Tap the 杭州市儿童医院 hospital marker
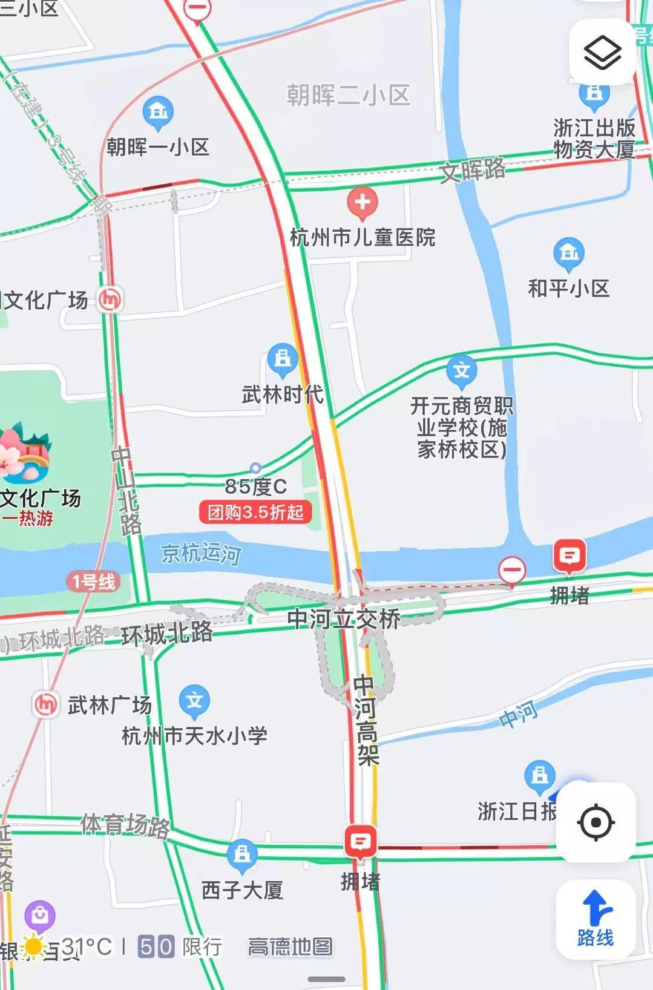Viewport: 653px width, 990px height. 362,202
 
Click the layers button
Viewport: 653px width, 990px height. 602,53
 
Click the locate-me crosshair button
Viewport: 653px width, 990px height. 596,822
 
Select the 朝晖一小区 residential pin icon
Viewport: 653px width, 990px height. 158,111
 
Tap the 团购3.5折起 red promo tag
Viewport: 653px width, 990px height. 255,513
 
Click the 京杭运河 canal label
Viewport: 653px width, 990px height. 201,552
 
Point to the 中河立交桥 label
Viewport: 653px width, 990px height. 344,618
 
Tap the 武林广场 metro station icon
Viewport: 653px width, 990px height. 45,704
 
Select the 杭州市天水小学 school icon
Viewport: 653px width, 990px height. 194,701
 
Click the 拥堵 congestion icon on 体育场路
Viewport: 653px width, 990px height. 360,841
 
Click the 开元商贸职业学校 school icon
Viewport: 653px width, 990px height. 462,370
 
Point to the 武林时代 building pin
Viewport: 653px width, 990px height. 282,359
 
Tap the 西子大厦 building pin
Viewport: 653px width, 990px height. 242,854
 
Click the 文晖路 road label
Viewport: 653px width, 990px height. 473,170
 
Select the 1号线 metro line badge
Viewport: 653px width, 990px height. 94,582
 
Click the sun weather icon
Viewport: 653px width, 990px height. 33,947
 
